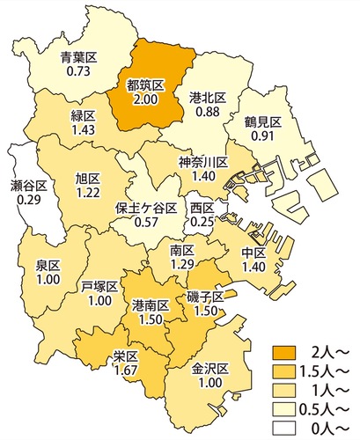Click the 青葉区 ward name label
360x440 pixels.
(x=78, y=58)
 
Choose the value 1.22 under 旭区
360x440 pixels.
(x=88, y=192)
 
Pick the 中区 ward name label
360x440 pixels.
(x=253, y=253)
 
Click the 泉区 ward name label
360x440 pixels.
(x=48, y=266)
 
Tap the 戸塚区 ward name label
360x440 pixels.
(x=99, y=286)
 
